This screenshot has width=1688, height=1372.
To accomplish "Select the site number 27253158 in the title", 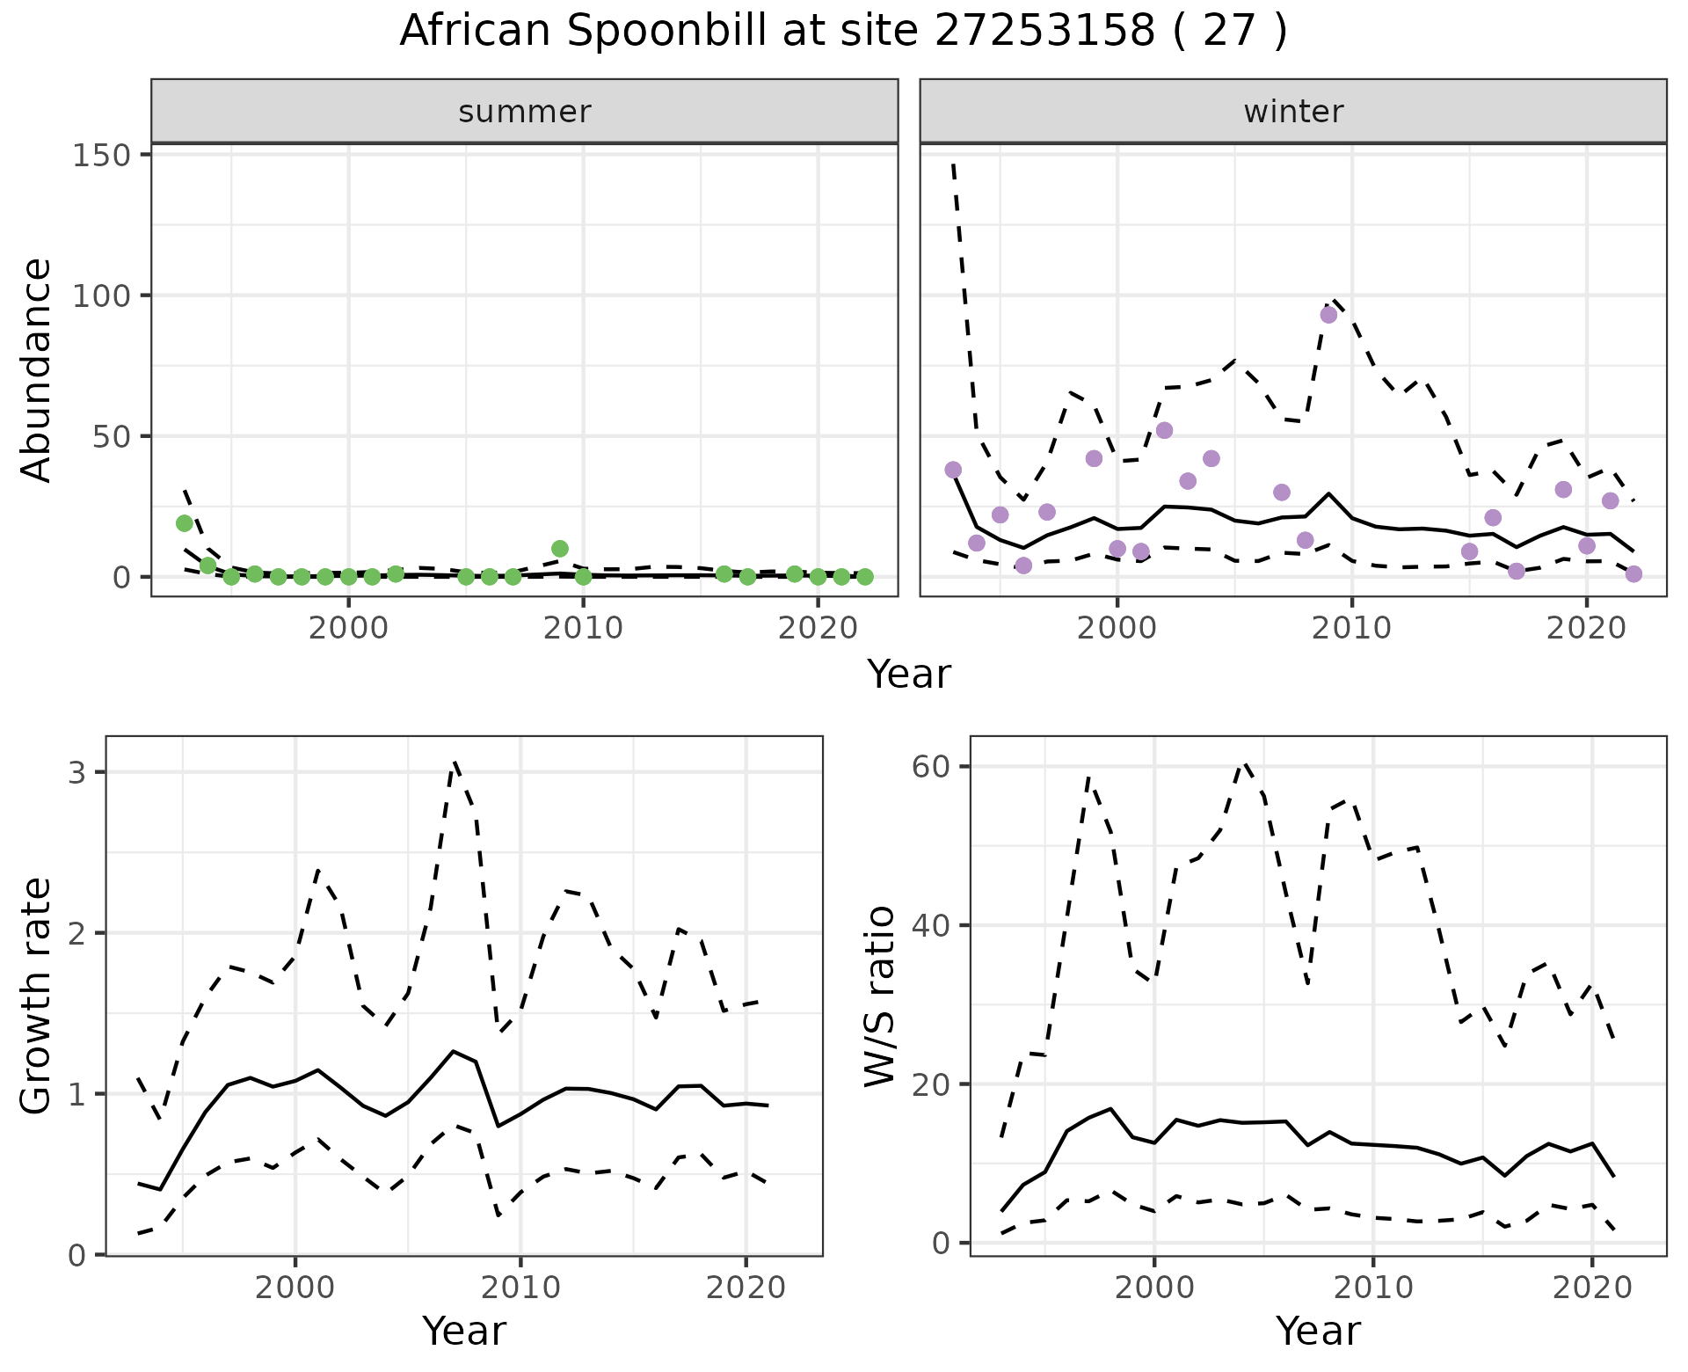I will [x=1043, y=32].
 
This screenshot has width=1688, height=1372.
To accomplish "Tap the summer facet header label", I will [x=525, y=112].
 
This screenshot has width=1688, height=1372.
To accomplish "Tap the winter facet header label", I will [x=1293, y=112].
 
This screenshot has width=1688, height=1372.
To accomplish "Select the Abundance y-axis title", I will [x=37, y=369].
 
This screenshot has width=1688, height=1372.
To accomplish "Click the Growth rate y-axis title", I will [x=37, y=996].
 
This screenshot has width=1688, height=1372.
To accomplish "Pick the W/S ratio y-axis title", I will [x=879, y=996].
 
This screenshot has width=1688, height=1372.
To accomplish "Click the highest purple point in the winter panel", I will [x=1328, y=315].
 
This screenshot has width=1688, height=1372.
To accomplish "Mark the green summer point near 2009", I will [x=560, y=549].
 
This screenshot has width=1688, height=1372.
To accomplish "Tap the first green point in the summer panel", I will [x=185, y=523].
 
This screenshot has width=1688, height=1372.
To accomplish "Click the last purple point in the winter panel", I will [x=1633, y=574].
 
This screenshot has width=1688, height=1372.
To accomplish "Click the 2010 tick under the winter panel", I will [x=1351, y=628].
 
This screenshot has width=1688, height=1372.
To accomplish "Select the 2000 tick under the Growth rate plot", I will [x=295, y=1288].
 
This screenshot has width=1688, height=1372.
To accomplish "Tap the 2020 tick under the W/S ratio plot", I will [x=1592, y=1288].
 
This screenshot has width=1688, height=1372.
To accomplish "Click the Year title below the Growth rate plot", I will [x=464, y=1331].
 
